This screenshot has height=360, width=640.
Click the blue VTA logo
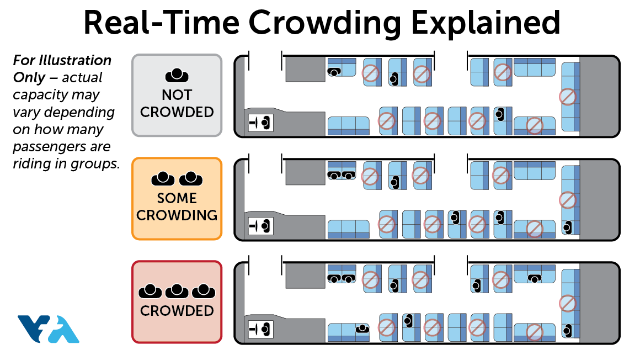point(48,329)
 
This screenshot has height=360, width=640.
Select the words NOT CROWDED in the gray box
point(177,103)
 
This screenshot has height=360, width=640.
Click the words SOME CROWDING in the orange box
point(177,206)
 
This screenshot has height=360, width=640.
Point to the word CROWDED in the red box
point(177,311)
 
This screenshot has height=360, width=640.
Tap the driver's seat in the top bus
point(261,121)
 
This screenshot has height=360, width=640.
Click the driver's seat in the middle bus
point(261,225)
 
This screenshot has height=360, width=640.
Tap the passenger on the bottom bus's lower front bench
point(362,329)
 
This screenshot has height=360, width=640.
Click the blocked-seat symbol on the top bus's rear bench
point(567,97)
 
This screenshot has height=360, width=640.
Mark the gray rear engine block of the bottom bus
point(598,303)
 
